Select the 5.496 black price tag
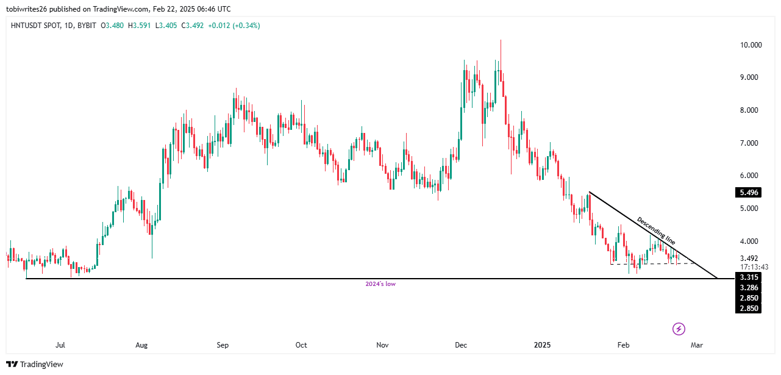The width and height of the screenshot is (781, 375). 748,193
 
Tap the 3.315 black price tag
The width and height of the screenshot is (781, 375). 748,277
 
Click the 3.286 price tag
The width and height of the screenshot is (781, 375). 748,288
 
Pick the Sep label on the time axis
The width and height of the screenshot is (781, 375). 223,345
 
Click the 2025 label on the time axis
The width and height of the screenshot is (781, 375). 542,345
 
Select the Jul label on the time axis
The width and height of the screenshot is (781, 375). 60,345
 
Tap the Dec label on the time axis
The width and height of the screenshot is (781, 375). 461,345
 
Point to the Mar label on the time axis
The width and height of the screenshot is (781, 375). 696,345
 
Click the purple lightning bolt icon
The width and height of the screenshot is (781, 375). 679,329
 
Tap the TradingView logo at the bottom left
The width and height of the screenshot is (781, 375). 35,364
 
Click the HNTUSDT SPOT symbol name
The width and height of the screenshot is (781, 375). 35,25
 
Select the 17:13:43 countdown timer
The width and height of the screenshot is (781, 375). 754,267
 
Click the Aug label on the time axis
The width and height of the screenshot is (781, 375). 141,345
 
